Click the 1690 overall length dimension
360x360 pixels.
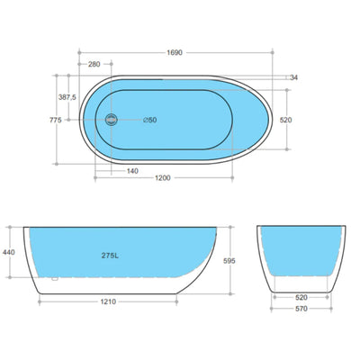coord(175,53)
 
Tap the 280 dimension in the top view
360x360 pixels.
coord(94,65)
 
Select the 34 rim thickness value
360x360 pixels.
coord(292,78)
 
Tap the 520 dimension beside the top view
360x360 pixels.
coord(285,119)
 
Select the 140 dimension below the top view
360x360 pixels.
coord(131,170)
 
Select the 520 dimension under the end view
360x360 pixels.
coord(302,296)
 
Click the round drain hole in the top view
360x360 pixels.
coord(112,119)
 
